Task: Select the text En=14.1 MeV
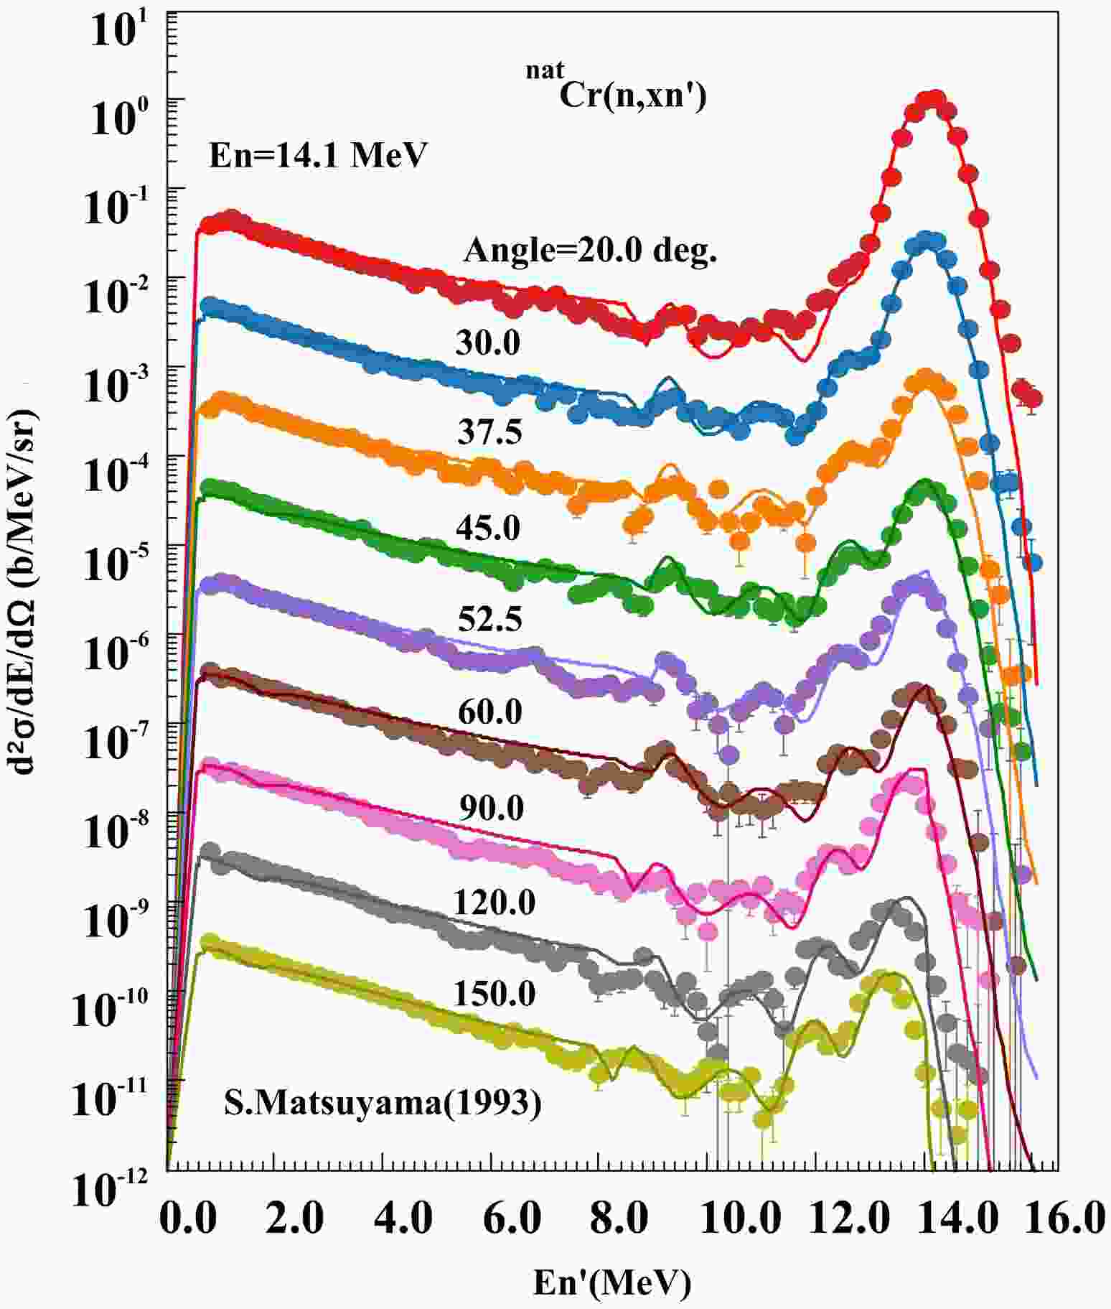point(318,154)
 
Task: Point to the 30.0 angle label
point(488,343)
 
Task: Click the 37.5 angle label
point(489,432)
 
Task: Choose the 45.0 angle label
point(488,528)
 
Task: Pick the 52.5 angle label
point(489,619)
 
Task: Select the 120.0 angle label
point(494,902)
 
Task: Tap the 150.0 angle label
point(494,994)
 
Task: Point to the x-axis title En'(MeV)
point(612,1282)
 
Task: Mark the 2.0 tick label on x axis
point(294,1219)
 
